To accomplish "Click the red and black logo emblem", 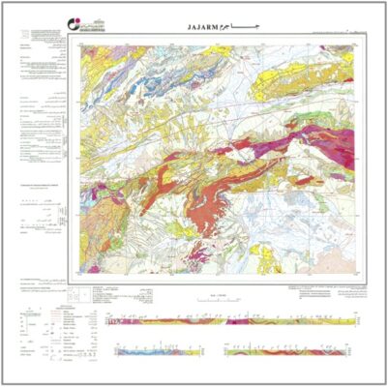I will [26, 22].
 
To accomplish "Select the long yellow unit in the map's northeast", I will [290, 82].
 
